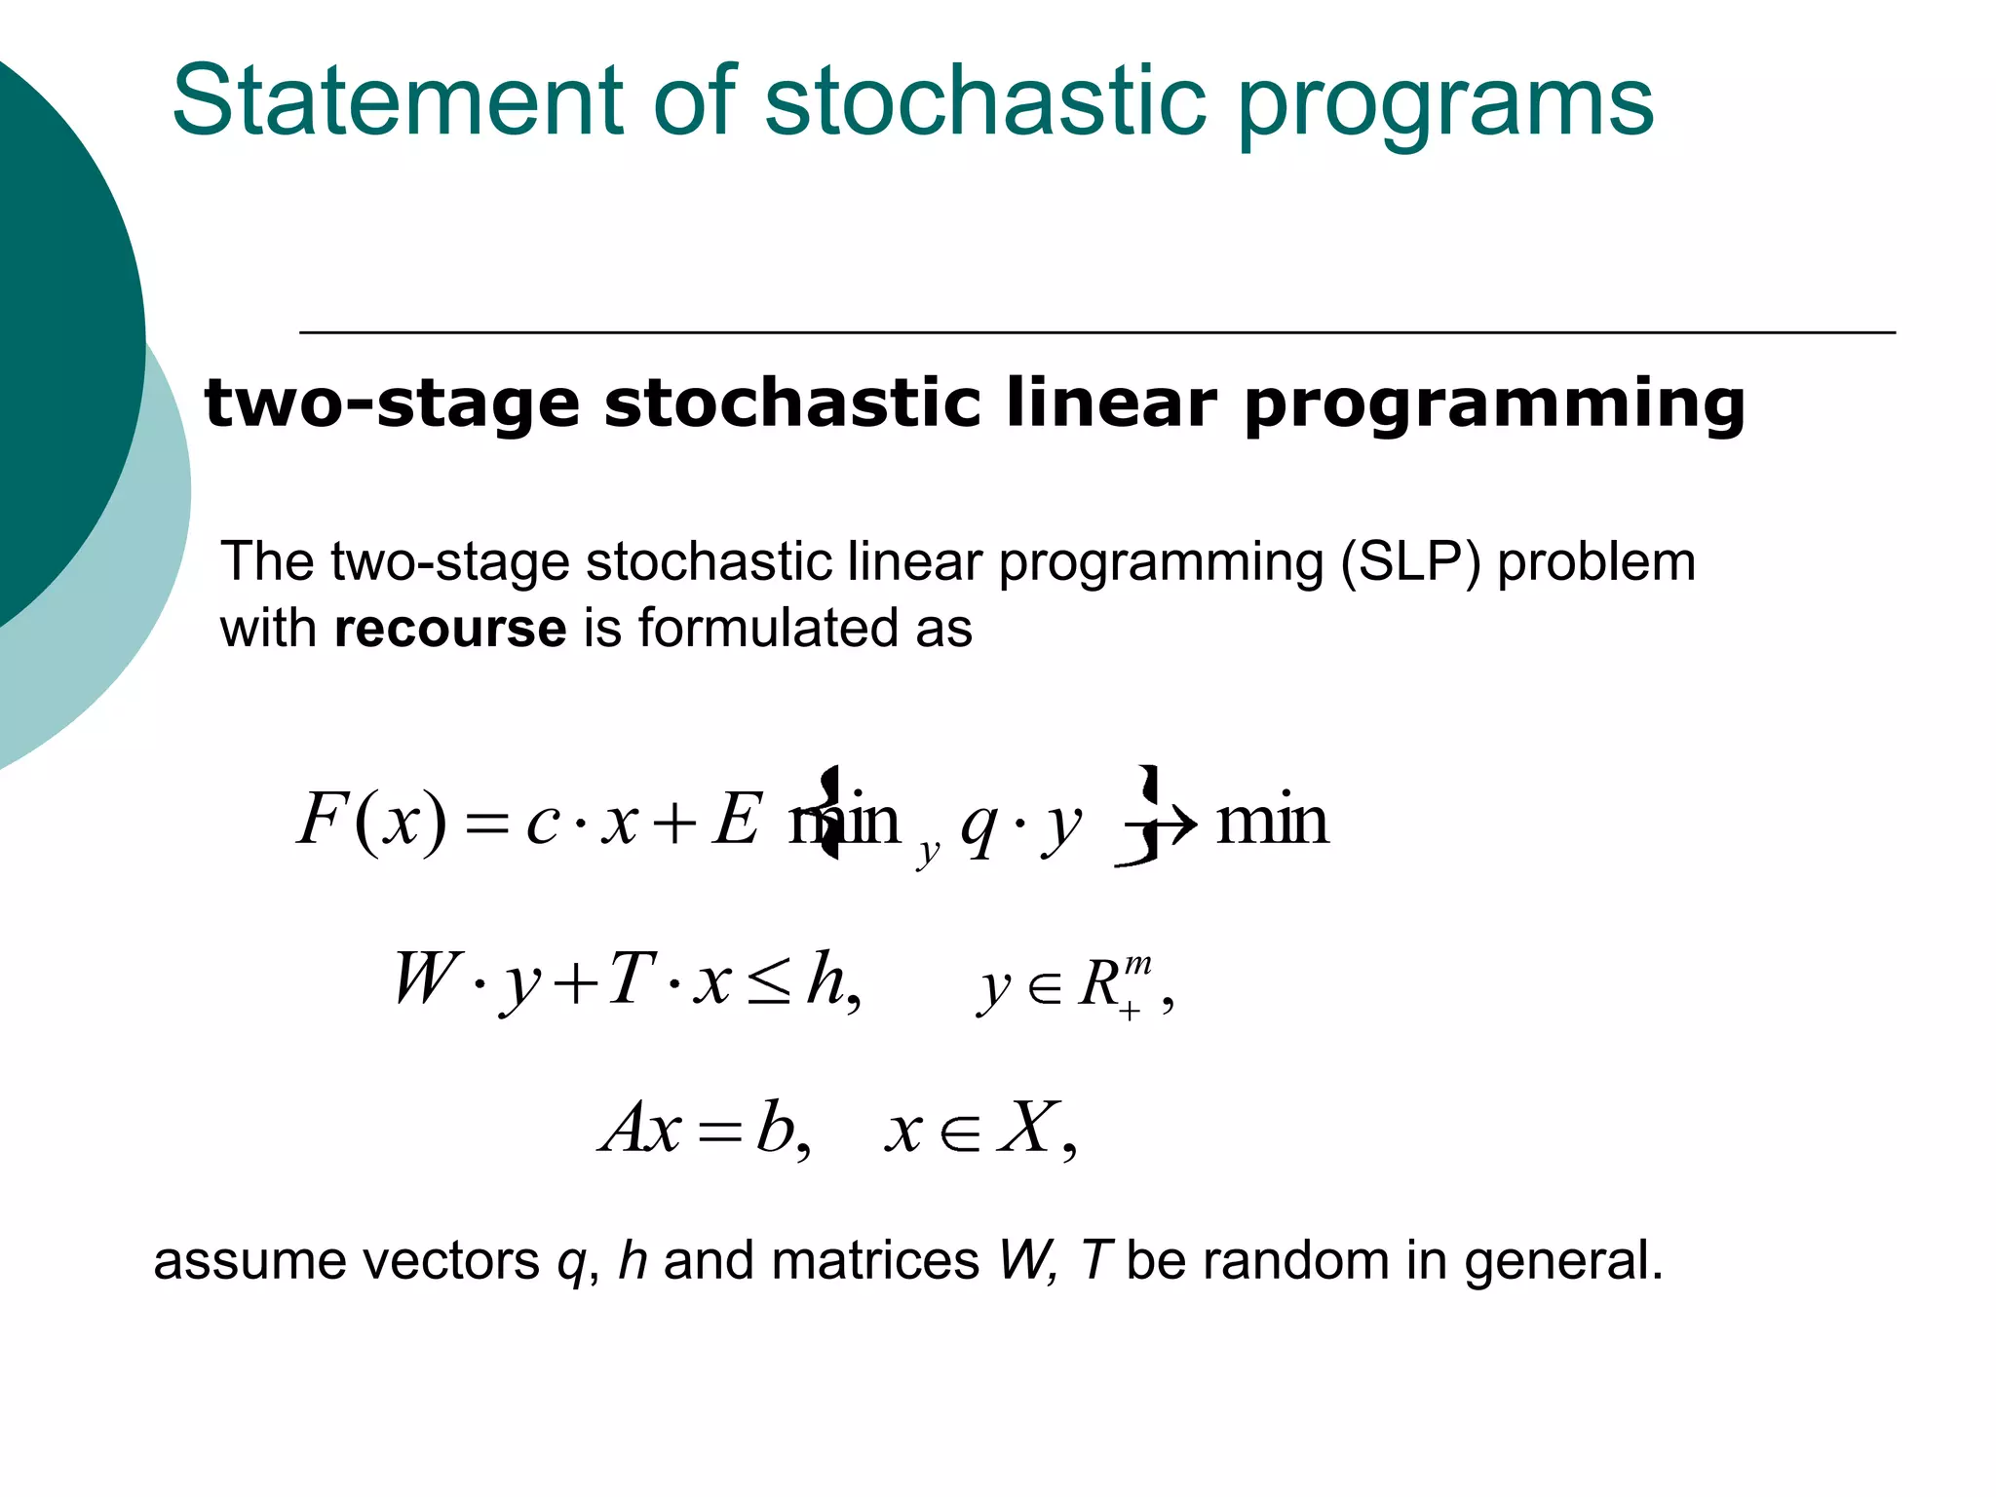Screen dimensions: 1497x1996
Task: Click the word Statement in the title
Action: [397, 100]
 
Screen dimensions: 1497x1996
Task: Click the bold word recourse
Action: [449, 629]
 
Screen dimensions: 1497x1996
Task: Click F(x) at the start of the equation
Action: [371, 821]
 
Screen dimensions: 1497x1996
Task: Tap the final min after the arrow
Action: [1272, 821]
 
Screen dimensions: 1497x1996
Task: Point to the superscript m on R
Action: [1136, 966]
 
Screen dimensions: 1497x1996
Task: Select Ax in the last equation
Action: [640, 1129]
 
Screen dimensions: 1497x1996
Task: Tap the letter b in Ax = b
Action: [776, 1129]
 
